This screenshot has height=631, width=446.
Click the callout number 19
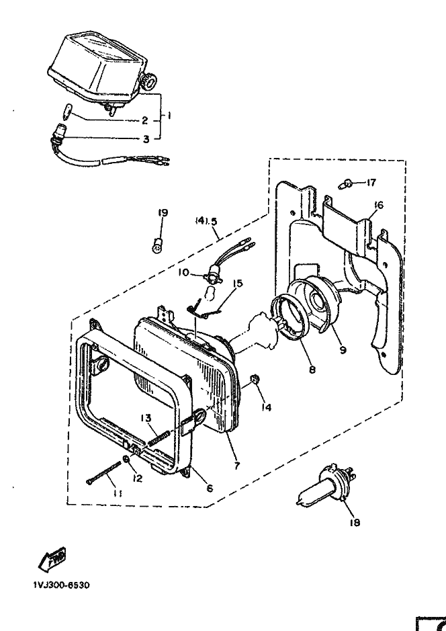click(163, 213)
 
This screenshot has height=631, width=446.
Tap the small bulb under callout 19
click(159, 244)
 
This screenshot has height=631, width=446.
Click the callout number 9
click(343, 350)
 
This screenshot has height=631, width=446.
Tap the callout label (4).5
click(207, 220)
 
